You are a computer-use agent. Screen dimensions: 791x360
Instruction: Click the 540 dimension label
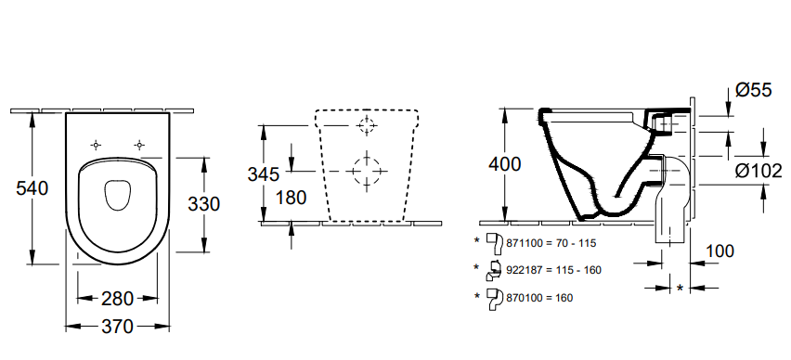32,188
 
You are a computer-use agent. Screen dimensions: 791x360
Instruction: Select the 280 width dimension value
118,299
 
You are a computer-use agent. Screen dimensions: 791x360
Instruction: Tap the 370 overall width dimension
118,327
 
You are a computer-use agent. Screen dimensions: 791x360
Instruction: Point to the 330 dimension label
204,204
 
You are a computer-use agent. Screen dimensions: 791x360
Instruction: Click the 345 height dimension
264,174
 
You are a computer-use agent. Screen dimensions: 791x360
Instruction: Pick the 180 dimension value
292,198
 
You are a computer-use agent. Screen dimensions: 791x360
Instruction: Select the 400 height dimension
504,164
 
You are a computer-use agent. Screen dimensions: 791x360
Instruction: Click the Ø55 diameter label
753,90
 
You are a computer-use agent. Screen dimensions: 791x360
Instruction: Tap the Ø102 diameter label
759,172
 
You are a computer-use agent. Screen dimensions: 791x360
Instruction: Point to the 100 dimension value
720,251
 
